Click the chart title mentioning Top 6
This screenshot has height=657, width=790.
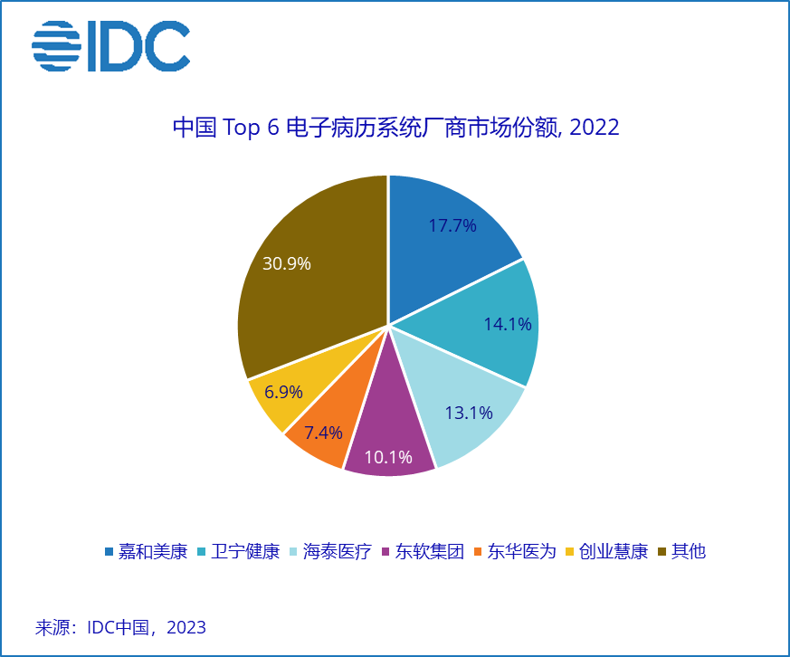click(x=395, y=127)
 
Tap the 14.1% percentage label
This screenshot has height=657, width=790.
click(x=507, y=323)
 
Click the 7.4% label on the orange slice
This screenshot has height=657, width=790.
click(x=323, y=433)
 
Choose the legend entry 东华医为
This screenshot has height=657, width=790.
click(x=521, y=551)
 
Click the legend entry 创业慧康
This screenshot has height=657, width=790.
click(x=614, y=551)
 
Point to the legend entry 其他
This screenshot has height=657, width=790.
click(x=688, y=551)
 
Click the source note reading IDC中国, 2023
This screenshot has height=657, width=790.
click(x=121, y=627)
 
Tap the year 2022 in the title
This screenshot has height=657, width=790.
click(x=595, y=127)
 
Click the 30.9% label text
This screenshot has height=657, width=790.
click(x=287, y=263)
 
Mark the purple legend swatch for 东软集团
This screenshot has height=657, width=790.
click(x=385, y=552)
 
